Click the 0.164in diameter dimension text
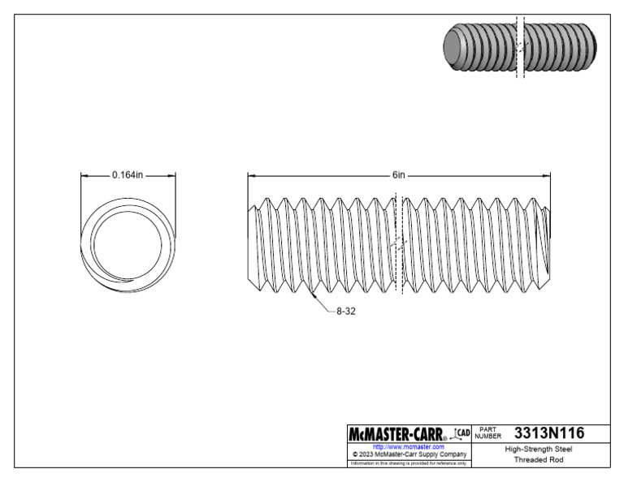tap(128, 174)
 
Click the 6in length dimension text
tap(398, 174)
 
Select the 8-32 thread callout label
tap(343, 311)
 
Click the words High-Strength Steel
tap(538, 448)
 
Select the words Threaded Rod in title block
tap(538, 460)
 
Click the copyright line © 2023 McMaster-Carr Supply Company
tap(408, 454)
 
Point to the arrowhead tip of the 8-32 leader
tap(312, 295)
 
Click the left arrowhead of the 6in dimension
tap(250, 174)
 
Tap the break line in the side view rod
tap(397, 243)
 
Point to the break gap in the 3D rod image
tap(520, 47)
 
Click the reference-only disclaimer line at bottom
tap(408, 463)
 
